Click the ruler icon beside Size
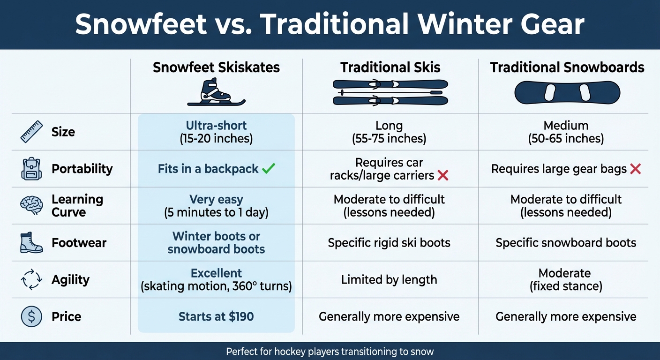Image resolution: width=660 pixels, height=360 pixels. [31, 132]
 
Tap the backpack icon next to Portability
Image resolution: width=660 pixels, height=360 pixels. [31, 169]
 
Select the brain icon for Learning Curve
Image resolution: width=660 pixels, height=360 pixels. [31, 205]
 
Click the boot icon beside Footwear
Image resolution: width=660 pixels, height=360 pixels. [31, 243]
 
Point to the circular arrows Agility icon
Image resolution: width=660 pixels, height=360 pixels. [31, 280]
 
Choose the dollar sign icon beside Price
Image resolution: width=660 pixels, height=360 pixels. [31, 316]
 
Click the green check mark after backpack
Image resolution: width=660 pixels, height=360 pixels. [269, 169]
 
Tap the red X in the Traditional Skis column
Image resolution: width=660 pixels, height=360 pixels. [442, 176]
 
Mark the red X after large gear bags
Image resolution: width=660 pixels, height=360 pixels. [635, 169]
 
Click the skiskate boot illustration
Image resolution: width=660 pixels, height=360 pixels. [216, 92]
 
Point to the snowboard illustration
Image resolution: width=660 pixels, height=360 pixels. [567, 93]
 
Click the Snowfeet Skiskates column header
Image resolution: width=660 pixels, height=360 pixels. [216, 67]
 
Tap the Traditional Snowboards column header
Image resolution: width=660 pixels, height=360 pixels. [567, 67]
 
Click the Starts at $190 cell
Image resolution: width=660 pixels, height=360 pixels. [216, 316]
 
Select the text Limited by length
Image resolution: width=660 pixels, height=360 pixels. [389, 280]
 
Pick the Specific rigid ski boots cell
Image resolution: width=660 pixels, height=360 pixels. [389, 243]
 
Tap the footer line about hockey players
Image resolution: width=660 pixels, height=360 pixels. [330, 351]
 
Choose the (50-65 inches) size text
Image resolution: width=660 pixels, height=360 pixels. [566, 139]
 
